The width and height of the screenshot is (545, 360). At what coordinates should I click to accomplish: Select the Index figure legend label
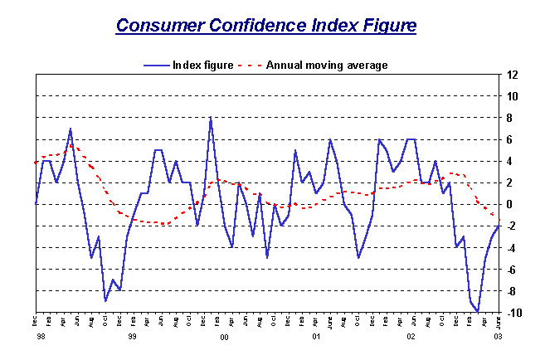[x=202, y=65]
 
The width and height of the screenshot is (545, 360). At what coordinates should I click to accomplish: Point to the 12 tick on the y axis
[x=513, y=75]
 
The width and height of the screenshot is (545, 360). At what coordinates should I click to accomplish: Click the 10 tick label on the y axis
[x=513, y=96]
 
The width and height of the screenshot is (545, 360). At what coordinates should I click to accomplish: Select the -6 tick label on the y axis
[x=513, y=269]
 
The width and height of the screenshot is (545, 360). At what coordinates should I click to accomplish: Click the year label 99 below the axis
[x=131, y=338]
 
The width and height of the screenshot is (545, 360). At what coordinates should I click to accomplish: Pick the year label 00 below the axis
[x=224, y=338]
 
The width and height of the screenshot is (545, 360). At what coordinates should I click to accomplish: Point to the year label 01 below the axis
[x=317, y=338]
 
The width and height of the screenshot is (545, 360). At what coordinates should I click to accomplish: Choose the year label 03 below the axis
[x=498, y=338]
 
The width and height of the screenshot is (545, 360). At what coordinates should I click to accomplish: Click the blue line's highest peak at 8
[x=211, y=117]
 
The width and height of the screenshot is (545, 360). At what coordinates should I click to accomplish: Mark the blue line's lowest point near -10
[x=478, y=312]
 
